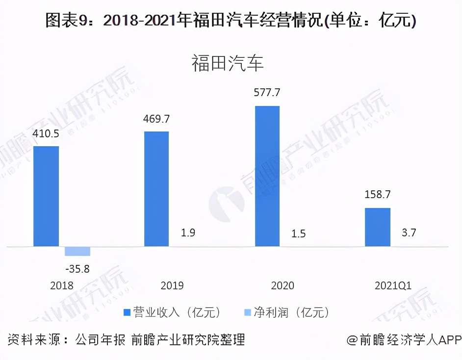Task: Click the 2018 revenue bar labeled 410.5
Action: click(46, 196)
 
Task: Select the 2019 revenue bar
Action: click(156, 189)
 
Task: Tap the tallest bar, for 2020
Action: click(267, 176)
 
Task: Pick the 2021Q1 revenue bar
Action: click(378, 227)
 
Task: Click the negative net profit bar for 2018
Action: click(77, 251)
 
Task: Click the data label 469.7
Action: click(156, 119)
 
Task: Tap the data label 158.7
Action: click(378, 195)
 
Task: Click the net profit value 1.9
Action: click(188, 232)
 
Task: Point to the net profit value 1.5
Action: click(299, 233)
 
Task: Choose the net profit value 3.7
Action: click(409, 232)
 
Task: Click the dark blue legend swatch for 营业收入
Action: click(127, 312)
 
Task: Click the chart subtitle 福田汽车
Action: click(228, 64)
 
